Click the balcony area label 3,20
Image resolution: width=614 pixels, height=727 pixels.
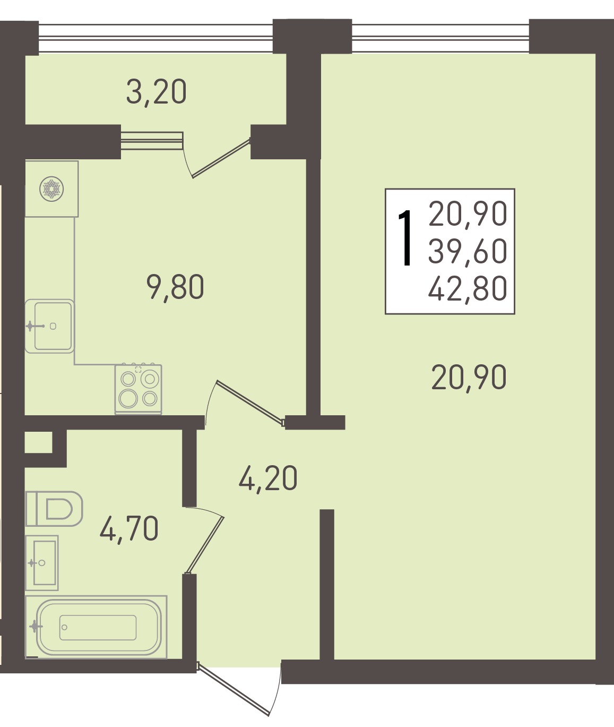click(156, 92)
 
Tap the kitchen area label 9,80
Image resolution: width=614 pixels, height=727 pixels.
click(175, 287)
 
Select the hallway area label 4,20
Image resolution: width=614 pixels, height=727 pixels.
click(268, 478)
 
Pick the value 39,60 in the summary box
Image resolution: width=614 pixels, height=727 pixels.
click(468, 251)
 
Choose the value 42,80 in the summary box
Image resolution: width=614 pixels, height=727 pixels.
click(468, 288)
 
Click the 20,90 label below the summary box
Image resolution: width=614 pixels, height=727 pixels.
click(469, 377)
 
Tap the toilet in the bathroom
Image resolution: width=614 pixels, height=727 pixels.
click(54, 509)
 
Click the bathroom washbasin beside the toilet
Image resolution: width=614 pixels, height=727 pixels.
click(42, 563)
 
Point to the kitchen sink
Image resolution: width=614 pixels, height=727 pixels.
click(49, 326)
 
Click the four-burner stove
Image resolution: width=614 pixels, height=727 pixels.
click(139, 389)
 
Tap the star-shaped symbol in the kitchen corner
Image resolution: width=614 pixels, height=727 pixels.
click(51, 189)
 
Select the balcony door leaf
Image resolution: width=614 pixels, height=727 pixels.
click(221, 158)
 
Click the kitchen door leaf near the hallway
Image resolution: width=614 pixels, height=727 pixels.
click(250, 403)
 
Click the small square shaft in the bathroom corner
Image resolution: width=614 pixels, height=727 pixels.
click(39, 442)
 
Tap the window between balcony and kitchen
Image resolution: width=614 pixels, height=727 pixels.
click(152, 140)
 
